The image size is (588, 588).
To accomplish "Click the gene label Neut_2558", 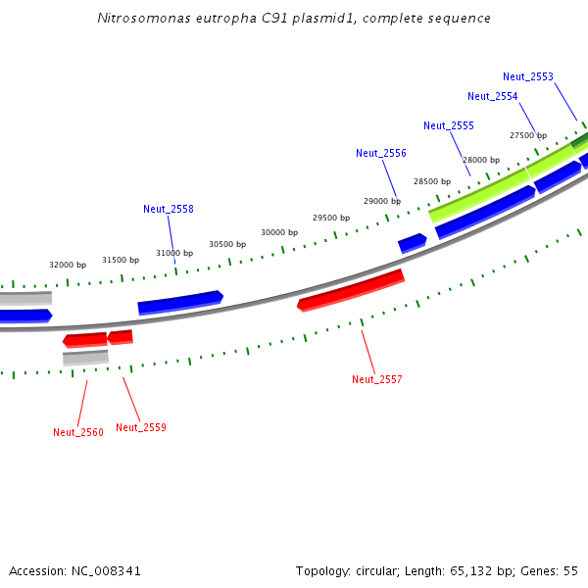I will pyautogui.click(x=169, y=209).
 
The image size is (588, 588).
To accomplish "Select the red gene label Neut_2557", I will pyautogui.click(x=377, y=379).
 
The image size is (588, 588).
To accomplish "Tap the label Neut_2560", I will pyautogui.click(x=78, y=432).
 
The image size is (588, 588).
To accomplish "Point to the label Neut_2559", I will pyautogui.click(x=141, y=427).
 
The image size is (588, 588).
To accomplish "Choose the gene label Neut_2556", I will pyautogui.click(x=381, y=153).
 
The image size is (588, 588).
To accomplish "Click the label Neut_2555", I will pyautogui.click(x=449, y=125).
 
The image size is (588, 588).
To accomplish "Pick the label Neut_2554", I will pyautogui.click(x=493, y=96).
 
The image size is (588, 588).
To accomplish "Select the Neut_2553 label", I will pyautogui.click(x=528, y=76).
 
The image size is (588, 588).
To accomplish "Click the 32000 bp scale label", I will pyautogui.click(x=68, y=265).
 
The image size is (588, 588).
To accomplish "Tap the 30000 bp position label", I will pyautogui.click(x=279, y=232).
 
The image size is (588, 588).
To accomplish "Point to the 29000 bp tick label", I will pyautogui.click(x=382, y=201).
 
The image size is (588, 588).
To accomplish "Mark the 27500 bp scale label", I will pyautogui.click(x=528, y=135).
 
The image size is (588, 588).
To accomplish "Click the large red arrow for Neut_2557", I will pyautogui.click(x=351, y=289).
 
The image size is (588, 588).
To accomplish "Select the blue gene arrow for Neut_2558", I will pyautogui.click(x=180, y=302).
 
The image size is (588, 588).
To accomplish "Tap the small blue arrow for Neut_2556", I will pyautogui.click(x=412, y=241).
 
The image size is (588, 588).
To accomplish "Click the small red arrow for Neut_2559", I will pyautogui.click(x=121, y=337).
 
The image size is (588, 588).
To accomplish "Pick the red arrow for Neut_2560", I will pyautogui.click(x=85, y=340).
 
